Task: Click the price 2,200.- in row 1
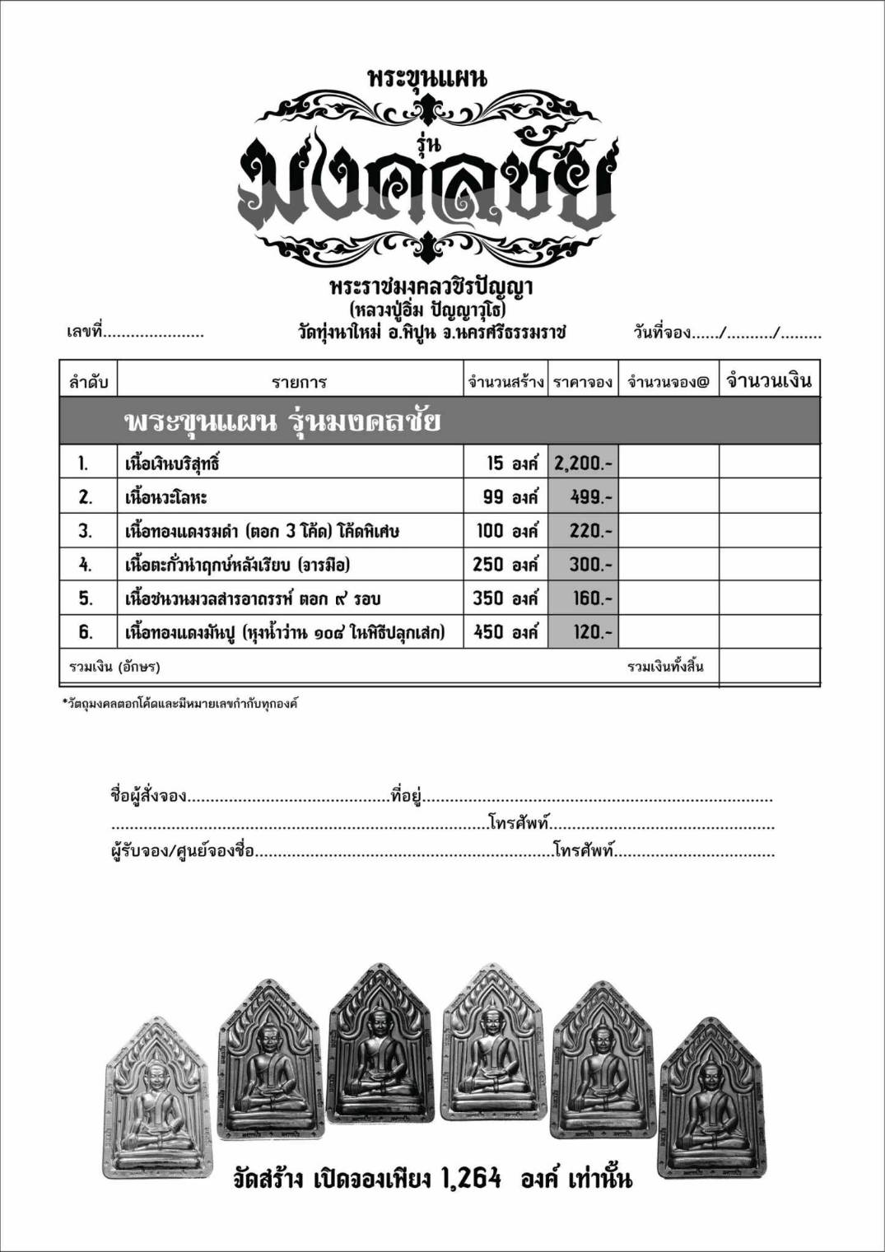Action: point(583,463)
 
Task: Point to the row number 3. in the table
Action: point(86,531)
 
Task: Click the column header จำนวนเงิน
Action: point(769,380)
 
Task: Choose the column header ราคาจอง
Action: point(583,382)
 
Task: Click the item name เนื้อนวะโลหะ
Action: point(165,497)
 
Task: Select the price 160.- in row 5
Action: point(591,598)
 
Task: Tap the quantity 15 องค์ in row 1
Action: point(511,463)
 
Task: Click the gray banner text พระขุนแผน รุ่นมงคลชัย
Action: point(282,421)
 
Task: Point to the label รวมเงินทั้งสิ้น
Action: point(665,667)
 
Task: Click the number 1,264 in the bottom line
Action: point(471,1179)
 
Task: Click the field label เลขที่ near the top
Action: point(85,333)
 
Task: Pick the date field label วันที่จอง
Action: point(662,333)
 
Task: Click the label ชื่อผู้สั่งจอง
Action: point(148,796)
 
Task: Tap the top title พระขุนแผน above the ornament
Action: point(427,78)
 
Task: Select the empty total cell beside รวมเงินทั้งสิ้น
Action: point(769,667)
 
